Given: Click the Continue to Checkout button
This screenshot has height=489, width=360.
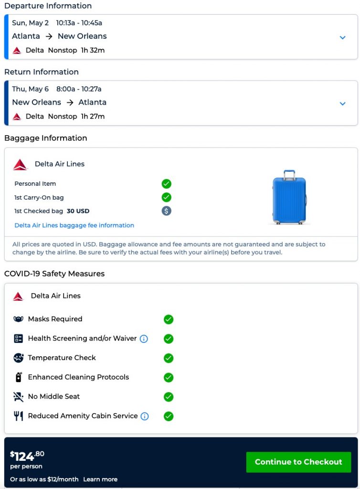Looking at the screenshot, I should pyautogui.click(x=298, y=462).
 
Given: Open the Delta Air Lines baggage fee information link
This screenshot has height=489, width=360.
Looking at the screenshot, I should pyautogui.click(x=74, y=225).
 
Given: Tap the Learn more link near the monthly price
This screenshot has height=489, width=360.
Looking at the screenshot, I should pyautogui.click(x=100, y=479).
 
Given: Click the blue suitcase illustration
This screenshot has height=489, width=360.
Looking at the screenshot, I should pyautogui.click(x=289, y=197).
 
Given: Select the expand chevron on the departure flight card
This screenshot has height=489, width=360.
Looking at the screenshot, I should pyautogui.click(x=342, y=37).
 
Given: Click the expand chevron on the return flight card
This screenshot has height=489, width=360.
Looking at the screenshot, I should pyautogui.click(x=342, y=104).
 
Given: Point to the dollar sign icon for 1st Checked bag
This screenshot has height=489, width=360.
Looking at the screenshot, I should pyautogui.click(x=166, y=211).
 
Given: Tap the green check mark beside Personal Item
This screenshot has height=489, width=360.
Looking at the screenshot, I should pyautogui.click(x=166, y=184).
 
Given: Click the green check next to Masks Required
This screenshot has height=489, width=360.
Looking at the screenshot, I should pyautogui.click(x=168, y=319).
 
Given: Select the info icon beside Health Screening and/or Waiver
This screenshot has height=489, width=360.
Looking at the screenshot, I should pyautogui.click(x=144, y=339).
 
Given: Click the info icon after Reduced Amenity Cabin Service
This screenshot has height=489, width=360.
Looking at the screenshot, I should pyautogui.click(x=144, y=416).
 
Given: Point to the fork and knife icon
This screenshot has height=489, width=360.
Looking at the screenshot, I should pyautogui.click(x=19, y=416).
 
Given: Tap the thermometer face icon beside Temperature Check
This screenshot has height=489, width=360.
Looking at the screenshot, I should pyautogui.click(x=19, y=358).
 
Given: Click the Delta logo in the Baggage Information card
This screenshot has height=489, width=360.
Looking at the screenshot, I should pyautogui.click(x=21, y=164).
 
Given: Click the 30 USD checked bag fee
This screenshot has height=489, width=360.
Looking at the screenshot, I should pyautogui.click(x=78, y=211).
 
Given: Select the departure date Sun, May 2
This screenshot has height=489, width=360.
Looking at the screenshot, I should pyautogui.click(x=30, y=22).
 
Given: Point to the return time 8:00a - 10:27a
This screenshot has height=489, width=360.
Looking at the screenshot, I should pyautogui.click(x=79, y=89).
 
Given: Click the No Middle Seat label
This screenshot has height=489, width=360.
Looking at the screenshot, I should pyautogui.click(x=54, y=396).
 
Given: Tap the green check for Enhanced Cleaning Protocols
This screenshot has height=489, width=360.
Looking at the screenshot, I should pyautogui.click(x=168, y=377).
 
